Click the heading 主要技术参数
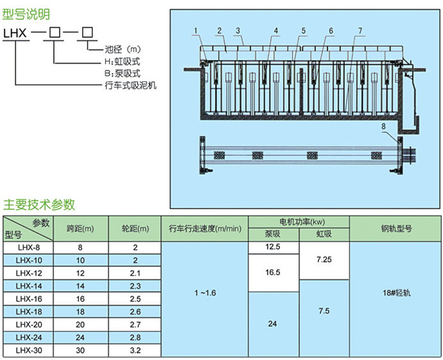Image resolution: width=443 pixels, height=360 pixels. pos(39,205)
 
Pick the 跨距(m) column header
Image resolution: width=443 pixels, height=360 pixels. pos(80,228)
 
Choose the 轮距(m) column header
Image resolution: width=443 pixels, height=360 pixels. pos(135,228)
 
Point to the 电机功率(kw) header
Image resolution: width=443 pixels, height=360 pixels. pos(299,221)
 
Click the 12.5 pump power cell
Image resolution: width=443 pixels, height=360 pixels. pos(274,247)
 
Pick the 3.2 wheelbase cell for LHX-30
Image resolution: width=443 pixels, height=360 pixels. pos(135,350)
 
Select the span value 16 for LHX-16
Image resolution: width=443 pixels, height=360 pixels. pos(80,299)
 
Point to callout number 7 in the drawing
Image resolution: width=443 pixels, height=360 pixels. pos(360,30)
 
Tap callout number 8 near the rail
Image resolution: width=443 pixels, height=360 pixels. pos(385,127)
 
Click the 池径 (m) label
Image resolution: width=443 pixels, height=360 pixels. pos(122,49)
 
